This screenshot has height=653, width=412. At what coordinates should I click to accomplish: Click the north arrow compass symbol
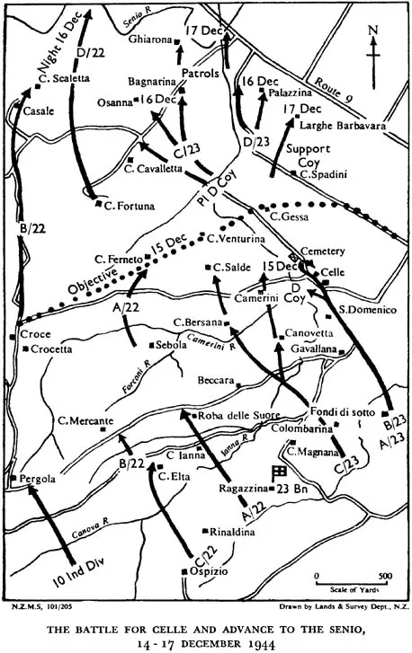(x=377, y=45)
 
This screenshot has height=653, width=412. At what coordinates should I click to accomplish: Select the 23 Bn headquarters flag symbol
(x=280, y=471)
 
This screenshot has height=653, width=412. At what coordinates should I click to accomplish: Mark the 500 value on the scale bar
(x=382, y=576)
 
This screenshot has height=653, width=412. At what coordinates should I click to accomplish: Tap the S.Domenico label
(x=367, y=310)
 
